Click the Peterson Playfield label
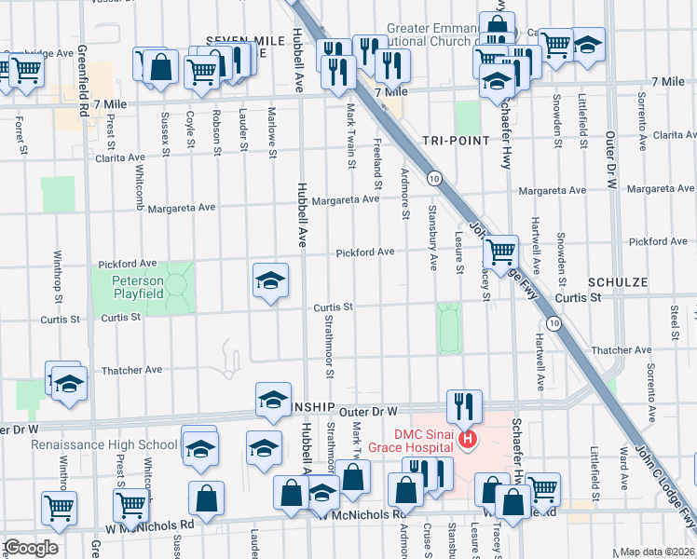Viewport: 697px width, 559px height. pyautogui.click(x=138, y=287)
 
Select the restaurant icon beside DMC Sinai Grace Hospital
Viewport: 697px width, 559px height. pyautogui.click(x=463, y=406)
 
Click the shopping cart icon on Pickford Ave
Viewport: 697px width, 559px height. pyautogui.click(x=501, y=251)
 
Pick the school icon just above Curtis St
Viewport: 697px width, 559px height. pyautogui.click(x=270, y=280)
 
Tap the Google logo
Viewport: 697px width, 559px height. pyautogui.click(x=30, y=548)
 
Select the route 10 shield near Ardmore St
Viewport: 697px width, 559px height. pyautogui.click(x=434, y=177)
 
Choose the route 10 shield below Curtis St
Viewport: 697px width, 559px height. pyautogui.click(x=554, y=323)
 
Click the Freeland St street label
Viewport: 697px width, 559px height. pyautogui.click(x=378, y=156)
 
